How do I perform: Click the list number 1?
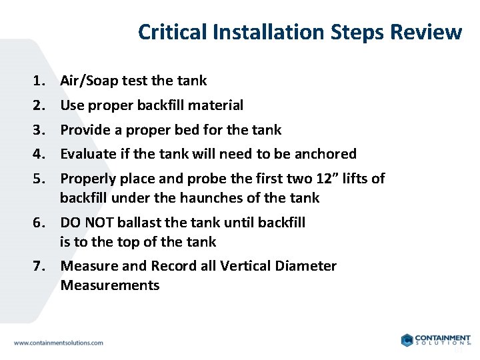[x=37, y=81]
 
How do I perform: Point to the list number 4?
[x=37, y=154]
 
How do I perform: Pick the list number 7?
[x=37, y=266]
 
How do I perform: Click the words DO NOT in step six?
[x=84, y=223]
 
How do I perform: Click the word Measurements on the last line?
[x=110, y=285]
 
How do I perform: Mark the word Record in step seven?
[x=174, y=266]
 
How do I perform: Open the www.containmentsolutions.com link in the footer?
[x=59, y=343]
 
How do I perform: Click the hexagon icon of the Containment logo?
[x=407, y=340]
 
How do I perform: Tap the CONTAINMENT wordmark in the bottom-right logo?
[x=443, y=338]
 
